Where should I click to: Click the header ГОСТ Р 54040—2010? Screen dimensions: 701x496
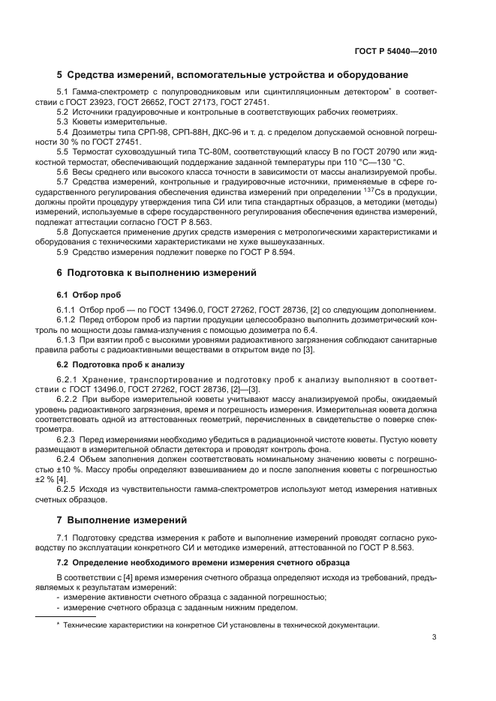pyautogui.click(x=395, y=52)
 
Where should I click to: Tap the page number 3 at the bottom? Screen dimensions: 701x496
pyautogui.click(x=434, y=638)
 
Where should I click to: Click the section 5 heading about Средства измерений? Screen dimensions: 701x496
pyautogui.click(x=233, y=75)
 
